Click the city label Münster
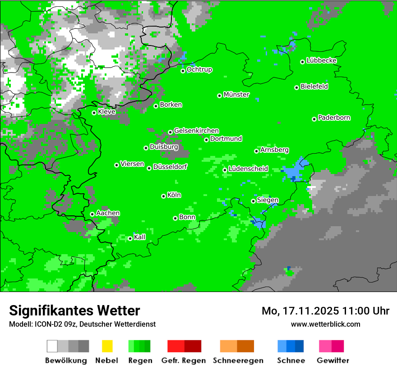tap(236, 95)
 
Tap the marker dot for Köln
tap(163, 196)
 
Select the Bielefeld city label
tap(314, 87)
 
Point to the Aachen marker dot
tap(92, 214)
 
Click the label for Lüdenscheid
tap(248, 169)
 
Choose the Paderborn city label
tap(334, 118)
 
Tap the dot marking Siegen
tap(253, 201)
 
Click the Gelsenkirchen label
tap(196, 131)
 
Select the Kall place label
tap(140, 237)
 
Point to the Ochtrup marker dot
tap(183, 71)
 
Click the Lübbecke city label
tap(322, 60)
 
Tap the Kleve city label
tap(106, 112)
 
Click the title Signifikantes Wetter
tap(74, 310)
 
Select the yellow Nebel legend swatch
tap(107, 346)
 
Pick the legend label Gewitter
tap(332, 360)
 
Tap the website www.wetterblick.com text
tap(325, 324)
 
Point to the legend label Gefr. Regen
tap(184, 360)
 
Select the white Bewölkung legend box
tap(52, 346)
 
